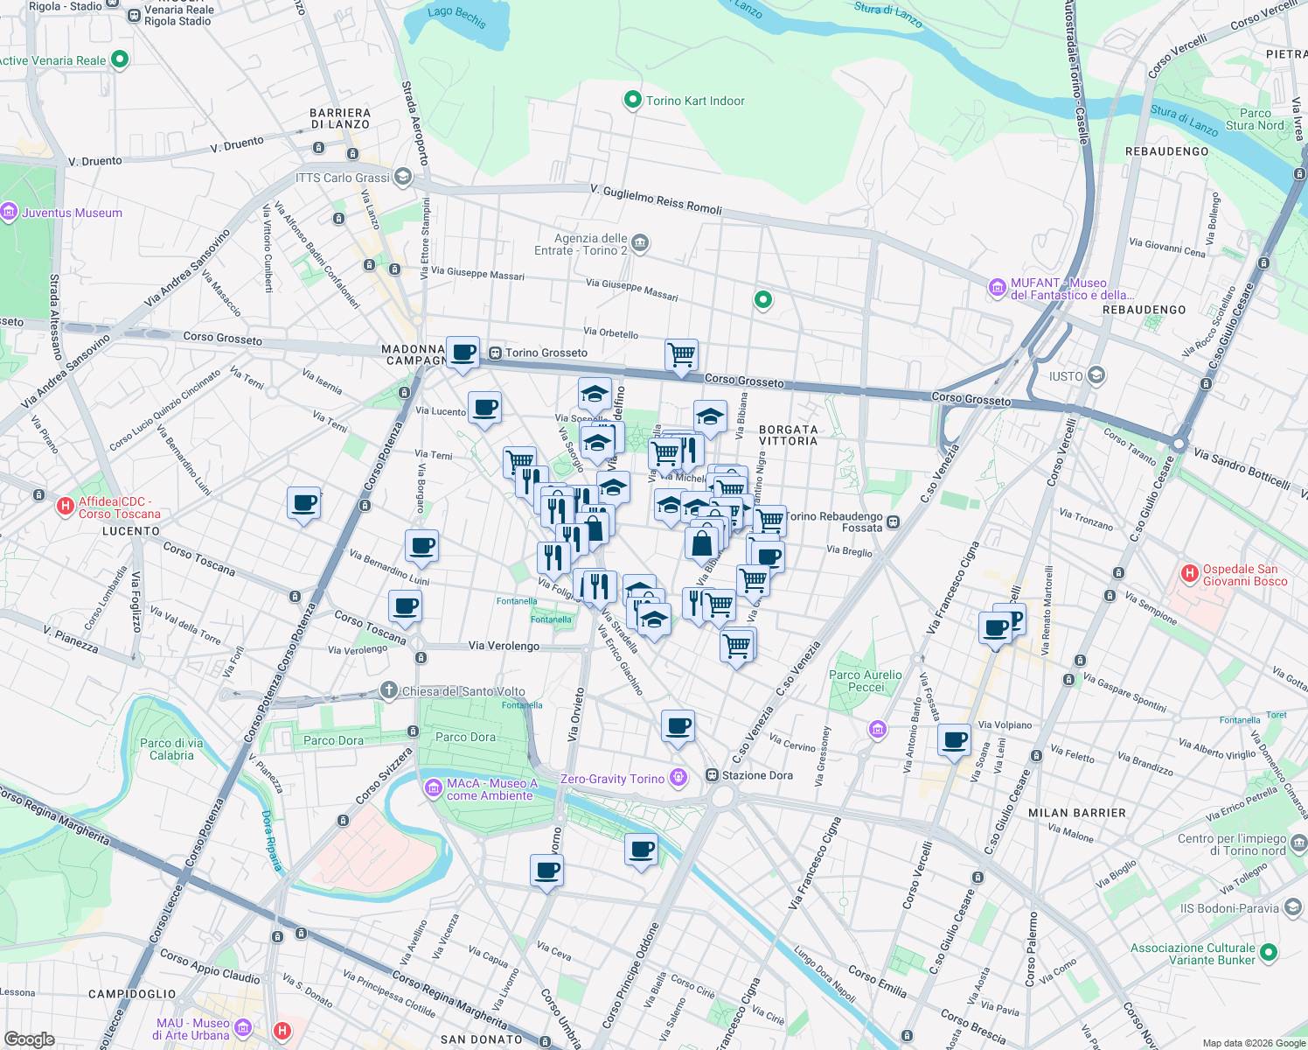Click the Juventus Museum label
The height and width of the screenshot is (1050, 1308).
pyautogui.click(x=72, y=213)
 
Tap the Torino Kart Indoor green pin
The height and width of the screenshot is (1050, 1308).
pyautogui.click(x=632, y=101)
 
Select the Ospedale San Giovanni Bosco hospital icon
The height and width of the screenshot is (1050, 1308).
pyautogui.click(x=1189, y=574)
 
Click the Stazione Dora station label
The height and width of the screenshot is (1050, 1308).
pyautogui.click(x=757, y=775)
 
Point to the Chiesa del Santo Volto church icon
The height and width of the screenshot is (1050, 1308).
pyautogui.click(x=389, y=690)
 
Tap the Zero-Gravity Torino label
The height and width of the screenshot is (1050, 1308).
pyautogui.click(x=612, y=779)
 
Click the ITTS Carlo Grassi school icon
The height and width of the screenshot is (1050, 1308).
pyautogui.click(x=403, y=178)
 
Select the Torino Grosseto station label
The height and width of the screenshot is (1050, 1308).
pyautogui.click(x=546, y=353)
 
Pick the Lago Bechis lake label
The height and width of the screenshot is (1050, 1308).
pyautogui.click(x=456, y=16)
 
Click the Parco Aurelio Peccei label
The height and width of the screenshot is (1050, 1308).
pyautogui.click(x=865, y=681)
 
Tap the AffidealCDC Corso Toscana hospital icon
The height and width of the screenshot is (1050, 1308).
pyautogui.click(x=65, y=506)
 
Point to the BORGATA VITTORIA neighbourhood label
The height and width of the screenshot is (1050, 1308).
pyautogui.click(x=788, y=435)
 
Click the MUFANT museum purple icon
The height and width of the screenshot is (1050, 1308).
pyautogui.click(x=997, y=287)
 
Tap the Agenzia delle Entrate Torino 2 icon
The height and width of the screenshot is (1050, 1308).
pyautogui.click(x=640, y=242)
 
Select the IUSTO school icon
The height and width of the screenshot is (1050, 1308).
pyautogui.click(x=1096, y=376)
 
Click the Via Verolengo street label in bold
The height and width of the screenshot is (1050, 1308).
pyautogui.click(x=504, y=646)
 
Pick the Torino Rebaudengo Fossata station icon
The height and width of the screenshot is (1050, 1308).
pyautogui.click(x=894, y=522)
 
